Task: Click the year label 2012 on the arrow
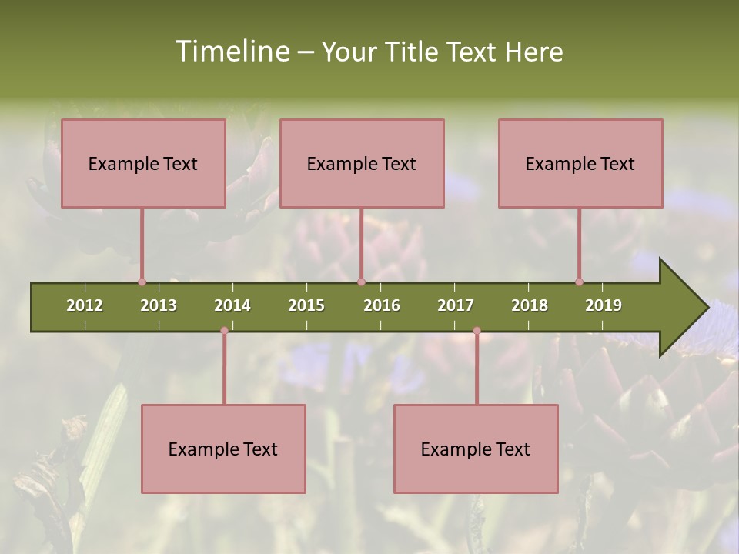pos(85,305)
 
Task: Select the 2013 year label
pos(159,305)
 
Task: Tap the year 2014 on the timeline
pos(232,305)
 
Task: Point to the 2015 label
pos(306,305)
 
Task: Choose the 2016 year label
pos(382,305)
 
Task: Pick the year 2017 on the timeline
pos(456,305)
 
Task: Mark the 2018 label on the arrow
pos(530,305)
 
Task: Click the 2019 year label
pos(604,305)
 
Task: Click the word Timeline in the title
pos(231,52)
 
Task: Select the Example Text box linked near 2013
pos(143,163)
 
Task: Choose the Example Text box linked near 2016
pos(362,163)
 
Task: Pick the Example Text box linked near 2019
pos(580,163)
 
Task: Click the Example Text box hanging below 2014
pos(223,449)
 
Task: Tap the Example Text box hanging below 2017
pos(476,449)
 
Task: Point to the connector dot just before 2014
pos(224,331)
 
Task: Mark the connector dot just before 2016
pos(361,282)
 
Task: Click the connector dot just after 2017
pos(477,331)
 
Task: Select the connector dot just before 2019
pos(579,282)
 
